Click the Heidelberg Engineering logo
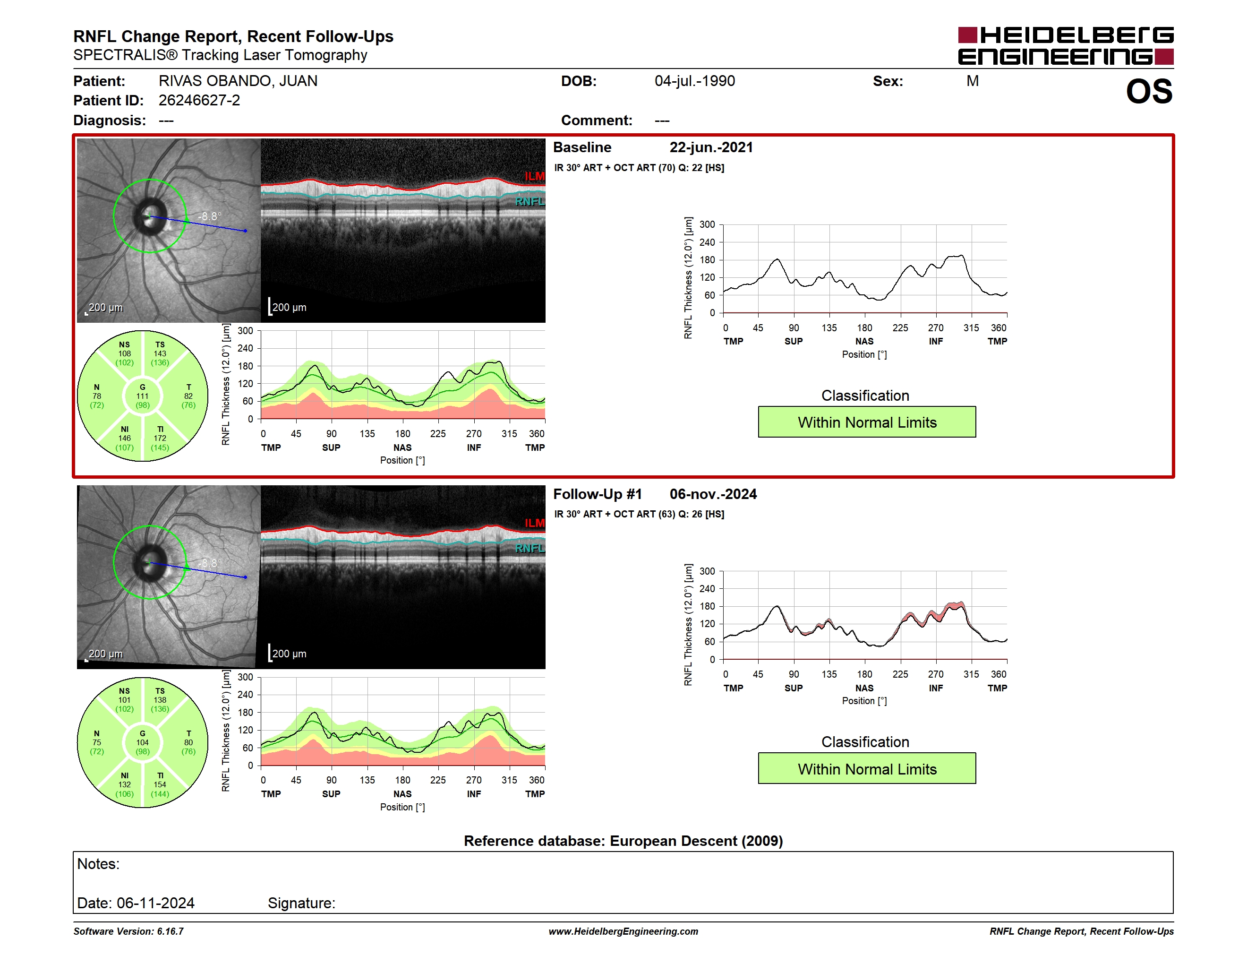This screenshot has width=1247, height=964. tap(1066, 46)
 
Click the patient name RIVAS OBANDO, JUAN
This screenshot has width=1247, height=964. tap(238, 81)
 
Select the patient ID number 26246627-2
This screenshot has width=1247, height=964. tap(199, 101)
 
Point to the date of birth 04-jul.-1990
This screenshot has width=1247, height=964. tap(695, 81)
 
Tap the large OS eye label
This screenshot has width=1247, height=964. tap(1149, 91)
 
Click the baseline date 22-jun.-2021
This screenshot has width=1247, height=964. tap(711, 147)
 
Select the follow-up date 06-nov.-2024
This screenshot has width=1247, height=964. tap(713, 494)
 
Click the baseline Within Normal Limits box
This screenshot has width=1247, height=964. tap(867, 422)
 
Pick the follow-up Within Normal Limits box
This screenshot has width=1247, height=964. tap(867, 769)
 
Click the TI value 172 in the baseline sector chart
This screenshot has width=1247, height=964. tap(160, 439)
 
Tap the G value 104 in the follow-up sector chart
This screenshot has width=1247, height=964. tap(142, 743)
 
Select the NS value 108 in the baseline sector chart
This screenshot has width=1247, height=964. tap(125, 353)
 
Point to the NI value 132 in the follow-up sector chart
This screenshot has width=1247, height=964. tap(125, 785)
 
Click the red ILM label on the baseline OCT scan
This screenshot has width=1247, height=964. tap(534, 176)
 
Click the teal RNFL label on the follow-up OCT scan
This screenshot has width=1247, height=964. tap(530, 548)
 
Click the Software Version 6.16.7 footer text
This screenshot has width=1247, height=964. tap(128, 931)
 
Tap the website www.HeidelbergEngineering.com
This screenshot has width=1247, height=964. tap(623, 931)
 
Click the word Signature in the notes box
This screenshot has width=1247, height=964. tap(301, 903)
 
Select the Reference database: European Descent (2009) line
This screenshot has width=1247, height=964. tap(623, 841)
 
